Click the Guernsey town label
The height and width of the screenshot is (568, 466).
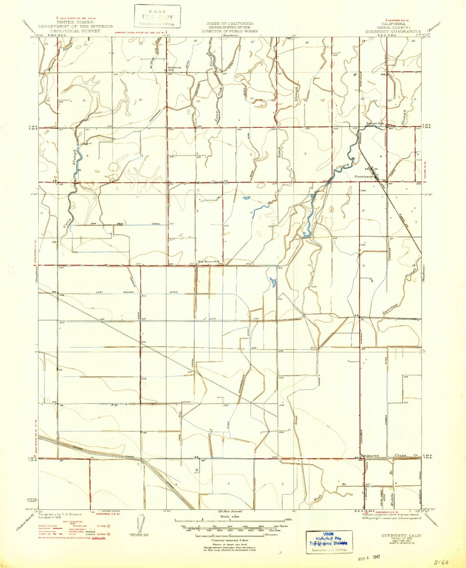tap(364, 176)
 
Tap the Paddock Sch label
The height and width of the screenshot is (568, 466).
tap(174, 69)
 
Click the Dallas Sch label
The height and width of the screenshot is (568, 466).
tap(371, 456)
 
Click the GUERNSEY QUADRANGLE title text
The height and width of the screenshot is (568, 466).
tap(393, 32)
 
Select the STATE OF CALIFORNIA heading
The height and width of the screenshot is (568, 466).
tap(230, 24)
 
